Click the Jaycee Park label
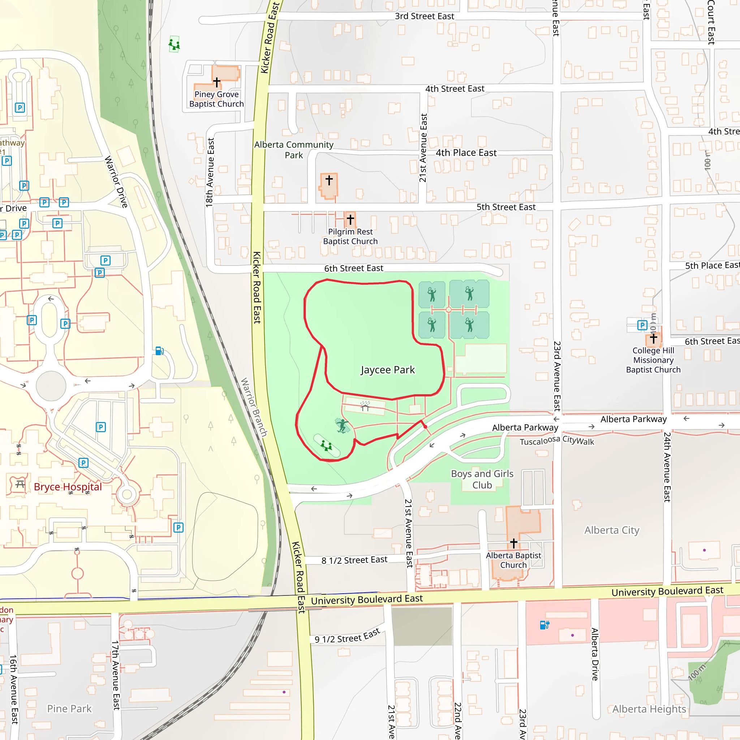[x=387, y=370]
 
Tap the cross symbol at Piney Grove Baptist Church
[x=217, y=82]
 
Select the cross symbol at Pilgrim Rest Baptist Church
[x=350, y=219]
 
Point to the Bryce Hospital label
[x=68, y=487]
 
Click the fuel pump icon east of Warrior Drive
[x=159, y=351]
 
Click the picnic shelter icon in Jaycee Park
[x=365, y=406]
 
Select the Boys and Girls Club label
[x=482, y=479]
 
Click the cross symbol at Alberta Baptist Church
[x=514, y=543]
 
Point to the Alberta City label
[x=612, y=530]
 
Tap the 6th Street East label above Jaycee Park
[x=353, y=268]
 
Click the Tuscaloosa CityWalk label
[x=556, y=440]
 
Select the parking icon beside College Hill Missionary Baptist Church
[x=642, y=326]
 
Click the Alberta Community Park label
[x=294, y=150]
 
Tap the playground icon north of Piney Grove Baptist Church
[x=174, y=44]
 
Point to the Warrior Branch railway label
[x=254, y=407]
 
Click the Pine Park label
[x=69, y=709]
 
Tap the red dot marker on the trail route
[x=425, y=426]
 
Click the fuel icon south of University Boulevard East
[x=544, y=625]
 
